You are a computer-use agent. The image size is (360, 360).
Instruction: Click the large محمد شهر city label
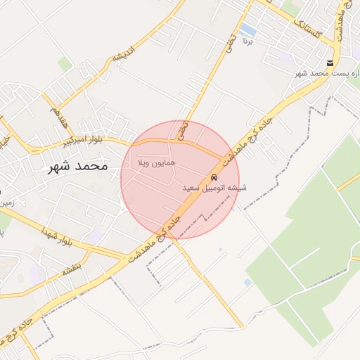77,167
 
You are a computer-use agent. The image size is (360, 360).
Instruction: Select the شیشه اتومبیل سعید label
214,188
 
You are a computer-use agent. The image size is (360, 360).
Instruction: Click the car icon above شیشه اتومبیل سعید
214,176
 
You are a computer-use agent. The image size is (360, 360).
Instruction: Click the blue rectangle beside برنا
248,30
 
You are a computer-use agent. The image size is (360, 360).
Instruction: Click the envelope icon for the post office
329,63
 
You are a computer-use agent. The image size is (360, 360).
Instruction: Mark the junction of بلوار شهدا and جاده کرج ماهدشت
125,257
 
